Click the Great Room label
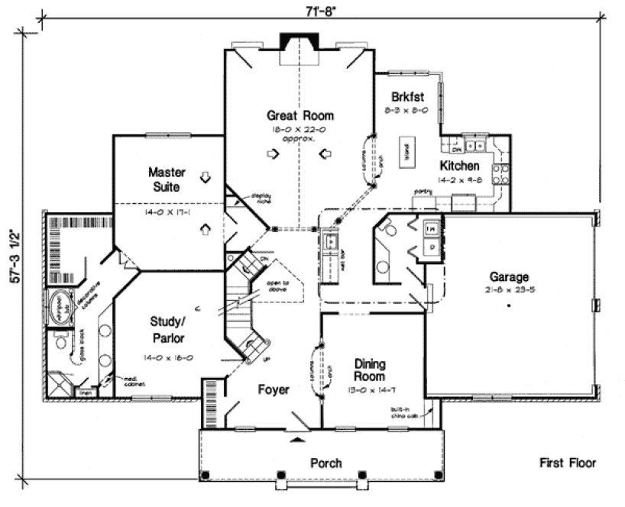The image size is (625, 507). (300, 116)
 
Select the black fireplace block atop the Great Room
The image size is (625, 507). (295, 41)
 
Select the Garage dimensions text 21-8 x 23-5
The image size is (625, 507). (510, 291)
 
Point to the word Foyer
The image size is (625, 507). (273, 390)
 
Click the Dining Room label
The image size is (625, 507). (369, 370)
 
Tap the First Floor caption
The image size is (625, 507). (567, 463)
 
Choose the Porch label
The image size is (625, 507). (325, 463)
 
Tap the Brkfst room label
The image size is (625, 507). (406, 97)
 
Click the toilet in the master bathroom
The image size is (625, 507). (60, 341)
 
